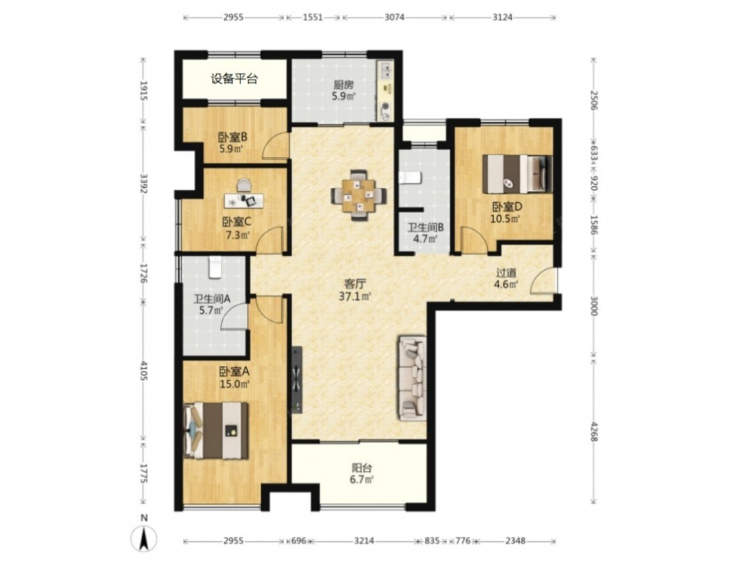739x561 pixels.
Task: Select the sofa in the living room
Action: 412,378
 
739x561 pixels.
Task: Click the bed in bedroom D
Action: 517,174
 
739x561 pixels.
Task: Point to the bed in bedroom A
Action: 216,430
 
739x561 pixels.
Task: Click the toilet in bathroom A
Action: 214,266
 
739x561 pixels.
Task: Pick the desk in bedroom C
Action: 244,200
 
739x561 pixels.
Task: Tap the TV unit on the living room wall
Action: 296,380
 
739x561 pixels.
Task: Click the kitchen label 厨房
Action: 343,85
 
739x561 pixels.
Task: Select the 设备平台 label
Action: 234,78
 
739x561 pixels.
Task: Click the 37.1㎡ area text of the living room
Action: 355,296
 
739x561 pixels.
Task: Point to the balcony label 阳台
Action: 362,468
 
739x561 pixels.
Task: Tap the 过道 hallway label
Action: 506,272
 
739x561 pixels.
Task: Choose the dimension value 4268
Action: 593,430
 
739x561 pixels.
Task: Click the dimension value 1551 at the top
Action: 313,18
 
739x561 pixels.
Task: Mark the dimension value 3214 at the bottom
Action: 364,541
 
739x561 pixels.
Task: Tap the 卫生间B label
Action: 426,227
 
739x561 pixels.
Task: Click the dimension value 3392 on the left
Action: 144,183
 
